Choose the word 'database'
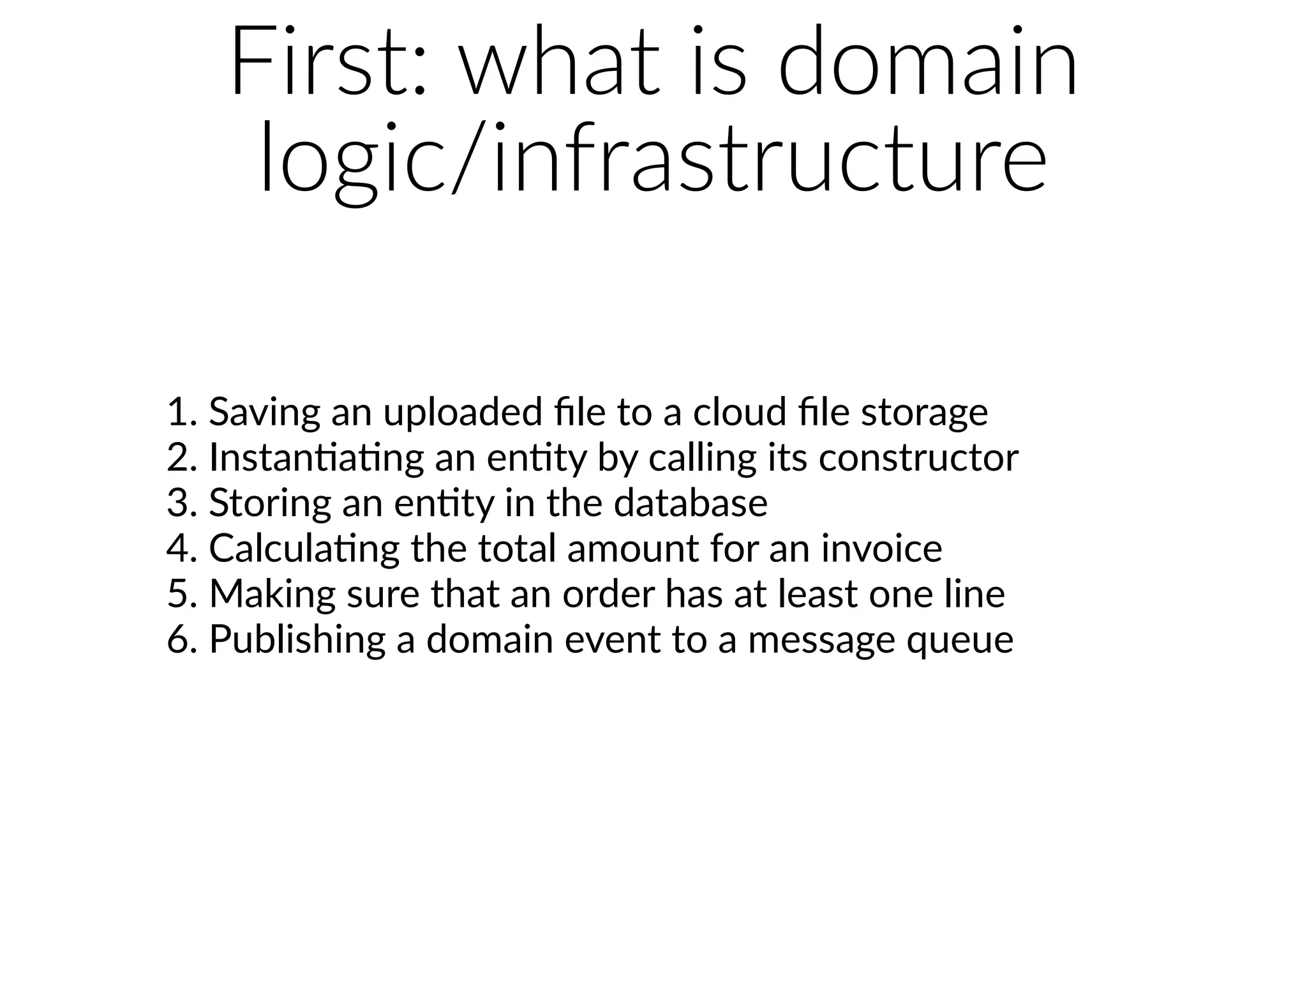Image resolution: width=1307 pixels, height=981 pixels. click(691, 503)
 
